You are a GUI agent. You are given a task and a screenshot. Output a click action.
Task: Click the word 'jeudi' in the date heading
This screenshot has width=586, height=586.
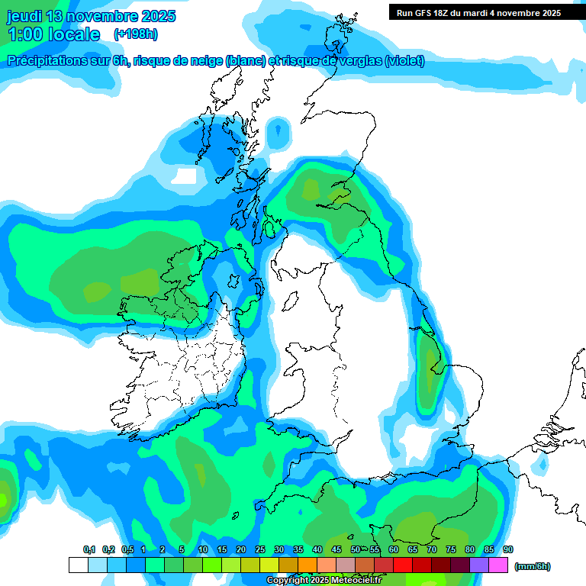(x=24, y=16)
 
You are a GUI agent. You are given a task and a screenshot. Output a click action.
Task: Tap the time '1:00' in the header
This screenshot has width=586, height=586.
(x=24, y=34)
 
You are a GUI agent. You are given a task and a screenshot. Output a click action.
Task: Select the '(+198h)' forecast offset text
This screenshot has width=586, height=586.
(x=135, y=34)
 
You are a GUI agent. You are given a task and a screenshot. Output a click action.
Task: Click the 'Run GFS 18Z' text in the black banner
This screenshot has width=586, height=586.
(x=423, y=12)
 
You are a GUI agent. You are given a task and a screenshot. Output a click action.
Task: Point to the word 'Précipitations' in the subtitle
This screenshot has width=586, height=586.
(x=45, y=61)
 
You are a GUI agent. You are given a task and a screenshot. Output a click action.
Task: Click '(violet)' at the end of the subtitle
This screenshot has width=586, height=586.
(x=404, y=61)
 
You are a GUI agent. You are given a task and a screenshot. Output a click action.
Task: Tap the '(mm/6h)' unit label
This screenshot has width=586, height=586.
(x=532, y=566)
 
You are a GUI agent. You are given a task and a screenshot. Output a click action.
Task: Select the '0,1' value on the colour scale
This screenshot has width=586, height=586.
(x=89, y=549)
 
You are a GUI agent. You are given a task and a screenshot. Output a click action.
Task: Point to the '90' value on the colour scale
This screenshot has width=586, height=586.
(x=508, y=549)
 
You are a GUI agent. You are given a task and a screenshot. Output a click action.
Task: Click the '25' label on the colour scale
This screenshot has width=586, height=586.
(x=260, y=549)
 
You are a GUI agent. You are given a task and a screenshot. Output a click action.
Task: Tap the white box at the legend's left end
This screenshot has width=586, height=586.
(x=78, y=565)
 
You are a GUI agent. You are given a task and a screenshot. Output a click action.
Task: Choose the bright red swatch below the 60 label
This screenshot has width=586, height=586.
(x=403, y=565)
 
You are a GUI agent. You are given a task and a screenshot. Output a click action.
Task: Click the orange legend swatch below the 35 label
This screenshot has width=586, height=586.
(x=307, y=565)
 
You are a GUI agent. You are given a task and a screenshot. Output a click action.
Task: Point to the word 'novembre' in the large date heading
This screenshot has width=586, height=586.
(x=98, y=16)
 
